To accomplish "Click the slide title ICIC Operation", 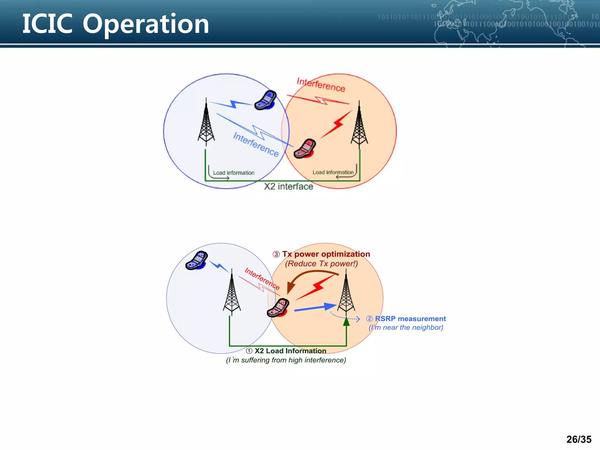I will [116, 24].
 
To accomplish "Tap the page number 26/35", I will [579, 439].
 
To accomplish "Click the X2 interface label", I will [289, 187].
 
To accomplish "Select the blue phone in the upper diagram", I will [265, 100].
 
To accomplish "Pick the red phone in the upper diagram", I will [305, 149].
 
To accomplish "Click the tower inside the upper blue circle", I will [206, 123].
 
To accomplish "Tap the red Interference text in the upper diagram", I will [321, 85].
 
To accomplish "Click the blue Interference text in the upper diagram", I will [256, 144].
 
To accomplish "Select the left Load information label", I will [233, 173].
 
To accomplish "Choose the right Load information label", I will [333, 172].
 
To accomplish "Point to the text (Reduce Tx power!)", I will [321, 264].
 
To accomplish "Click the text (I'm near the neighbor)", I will [406, 328].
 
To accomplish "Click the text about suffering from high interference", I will [286, 360].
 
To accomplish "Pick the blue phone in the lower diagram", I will [197, 260].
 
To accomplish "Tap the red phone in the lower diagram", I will [278, 308].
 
